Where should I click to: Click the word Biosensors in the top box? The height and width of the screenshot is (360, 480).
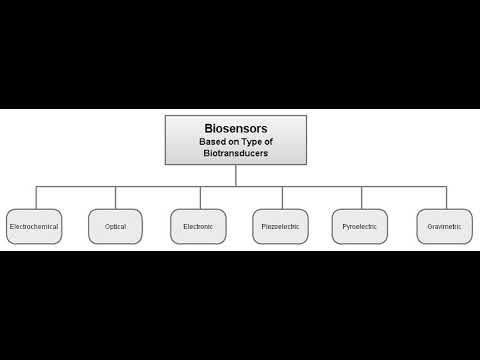(236, 129)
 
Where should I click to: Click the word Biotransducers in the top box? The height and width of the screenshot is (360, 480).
(236, 154)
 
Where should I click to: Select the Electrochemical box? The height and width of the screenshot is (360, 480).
(34, 227)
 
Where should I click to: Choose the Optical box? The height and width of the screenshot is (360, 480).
(115, 227)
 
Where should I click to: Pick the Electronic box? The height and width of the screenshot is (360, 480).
(197, 227)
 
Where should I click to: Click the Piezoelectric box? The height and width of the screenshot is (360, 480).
(279, 227)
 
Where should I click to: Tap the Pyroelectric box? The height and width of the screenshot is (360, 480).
(360, 227)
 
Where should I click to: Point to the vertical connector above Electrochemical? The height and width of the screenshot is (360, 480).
(35, 197)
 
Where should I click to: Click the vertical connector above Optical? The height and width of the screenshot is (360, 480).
(116, 197)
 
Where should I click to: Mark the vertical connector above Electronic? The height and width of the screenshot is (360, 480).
(197, 197)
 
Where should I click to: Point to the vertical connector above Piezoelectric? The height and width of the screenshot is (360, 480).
(279, 197)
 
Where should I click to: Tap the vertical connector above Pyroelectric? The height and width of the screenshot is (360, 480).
(360, 197)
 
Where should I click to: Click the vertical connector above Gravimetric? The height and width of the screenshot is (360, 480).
(442, 197)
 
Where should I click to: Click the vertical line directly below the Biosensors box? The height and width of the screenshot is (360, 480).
(236, 175)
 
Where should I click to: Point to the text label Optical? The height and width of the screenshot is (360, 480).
(115, 227)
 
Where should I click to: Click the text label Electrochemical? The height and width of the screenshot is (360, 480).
(34, 227)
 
